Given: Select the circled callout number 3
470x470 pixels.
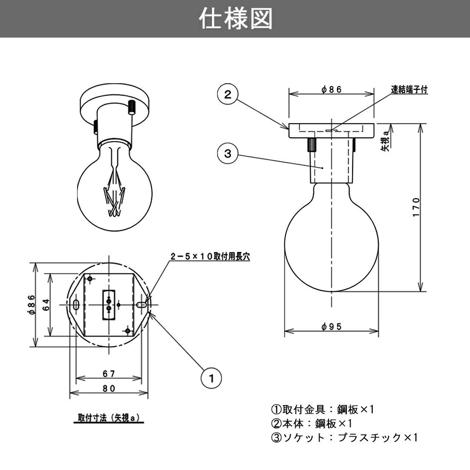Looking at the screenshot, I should [x=227, y=153].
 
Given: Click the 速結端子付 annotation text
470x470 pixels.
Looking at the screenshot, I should [x=409, y=89].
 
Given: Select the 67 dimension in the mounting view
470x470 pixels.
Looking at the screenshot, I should [x=109, y=374].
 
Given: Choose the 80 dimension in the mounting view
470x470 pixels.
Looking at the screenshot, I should [x=109, y=388].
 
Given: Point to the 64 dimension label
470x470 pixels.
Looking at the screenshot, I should [x=46, y=305].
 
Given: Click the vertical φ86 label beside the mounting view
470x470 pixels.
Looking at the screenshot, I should [x=31, y=305].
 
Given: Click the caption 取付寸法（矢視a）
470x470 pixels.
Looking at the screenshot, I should [x=109, y=417].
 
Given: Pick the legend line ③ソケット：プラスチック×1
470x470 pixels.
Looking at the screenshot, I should [x=344, y=438].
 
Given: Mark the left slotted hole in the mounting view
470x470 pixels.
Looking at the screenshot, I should [x=76, y=305].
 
